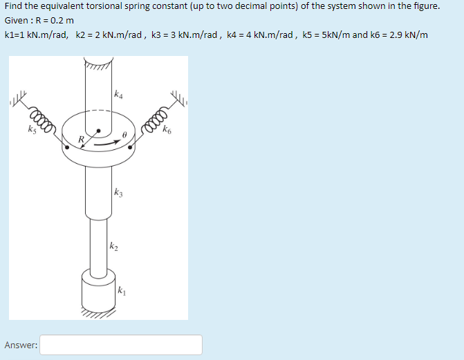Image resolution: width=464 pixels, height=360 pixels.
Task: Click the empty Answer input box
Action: (121, 345)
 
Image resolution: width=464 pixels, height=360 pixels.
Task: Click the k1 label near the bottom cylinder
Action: (122, 290)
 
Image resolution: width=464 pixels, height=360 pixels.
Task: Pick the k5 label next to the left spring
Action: (32, 128)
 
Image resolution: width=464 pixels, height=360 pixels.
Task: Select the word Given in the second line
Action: (16, 21)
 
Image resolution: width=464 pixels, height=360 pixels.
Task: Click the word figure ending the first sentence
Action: (425, 6)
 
